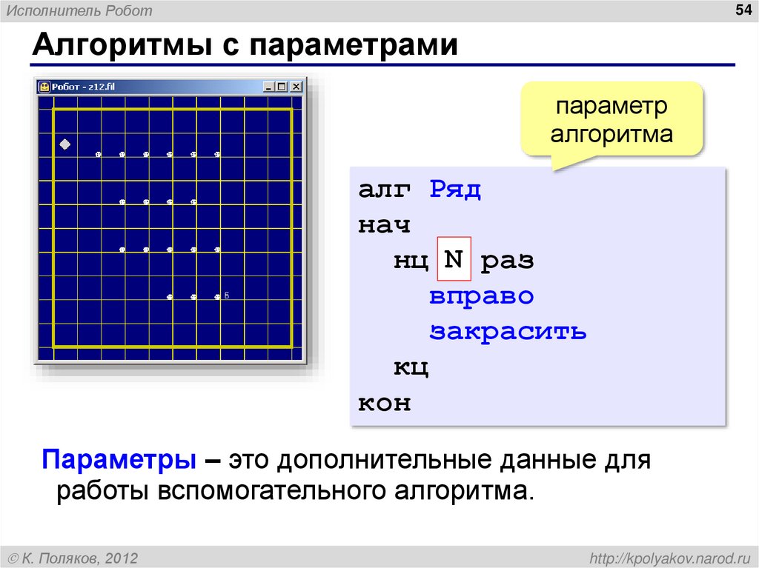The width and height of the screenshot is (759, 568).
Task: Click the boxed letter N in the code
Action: [454, 260]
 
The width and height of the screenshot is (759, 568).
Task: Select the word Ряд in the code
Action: [455, 190]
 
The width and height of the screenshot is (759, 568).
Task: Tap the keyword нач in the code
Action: [384, 224]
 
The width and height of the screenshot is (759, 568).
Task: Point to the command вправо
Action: [481, 295]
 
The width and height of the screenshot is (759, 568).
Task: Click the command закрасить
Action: [508, 331]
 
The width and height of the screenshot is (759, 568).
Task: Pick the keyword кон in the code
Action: [384, 404]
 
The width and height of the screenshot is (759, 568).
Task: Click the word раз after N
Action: [507, 261]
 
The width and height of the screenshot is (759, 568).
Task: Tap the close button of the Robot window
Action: [296, 87]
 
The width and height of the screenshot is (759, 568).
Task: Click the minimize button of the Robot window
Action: [270, 87]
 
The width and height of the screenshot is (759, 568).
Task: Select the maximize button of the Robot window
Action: [282, 87]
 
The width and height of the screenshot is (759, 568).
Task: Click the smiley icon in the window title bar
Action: [44, 87]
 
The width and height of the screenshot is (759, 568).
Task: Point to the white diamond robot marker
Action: [64, 144]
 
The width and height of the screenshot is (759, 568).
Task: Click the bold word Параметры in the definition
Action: [119, 460]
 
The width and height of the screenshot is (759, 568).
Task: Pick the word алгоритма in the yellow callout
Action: [611, 134]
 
